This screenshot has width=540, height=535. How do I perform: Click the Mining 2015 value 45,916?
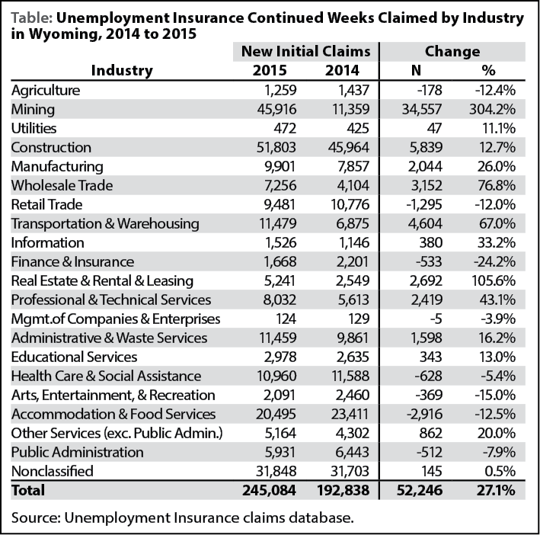[x=276, y=109]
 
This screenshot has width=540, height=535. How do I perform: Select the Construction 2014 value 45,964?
[x=349, y=147]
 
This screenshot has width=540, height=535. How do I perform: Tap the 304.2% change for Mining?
[x=492, y=109]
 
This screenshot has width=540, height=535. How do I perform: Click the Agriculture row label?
[x=46, y=91]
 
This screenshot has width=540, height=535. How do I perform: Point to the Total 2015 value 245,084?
[x=269, y=490]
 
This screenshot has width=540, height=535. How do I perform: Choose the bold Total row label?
[x=28, y=490]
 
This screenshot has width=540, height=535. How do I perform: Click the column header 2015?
[x=270, y=71]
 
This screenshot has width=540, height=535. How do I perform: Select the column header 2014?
[x=342, y=71]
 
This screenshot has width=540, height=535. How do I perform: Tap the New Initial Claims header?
[x=306, y=52]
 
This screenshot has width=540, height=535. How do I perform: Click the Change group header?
[x=452, y=52]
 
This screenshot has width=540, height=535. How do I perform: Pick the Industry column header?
[x=122, y=71]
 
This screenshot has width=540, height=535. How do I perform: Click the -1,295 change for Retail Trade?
[x=424, y=205]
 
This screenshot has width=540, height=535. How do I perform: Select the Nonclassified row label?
[x=53, y=471]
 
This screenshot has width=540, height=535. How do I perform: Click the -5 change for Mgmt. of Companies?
[x=436, y=319]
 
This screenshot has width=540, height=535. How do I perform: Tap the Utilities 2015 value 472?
[x=285, y=129]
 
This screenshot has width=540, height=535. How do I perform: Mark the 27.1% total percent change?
[x=496, y=490]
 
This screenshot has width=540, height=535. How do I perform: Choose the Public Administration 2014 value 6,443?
[x=352, y=452]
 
